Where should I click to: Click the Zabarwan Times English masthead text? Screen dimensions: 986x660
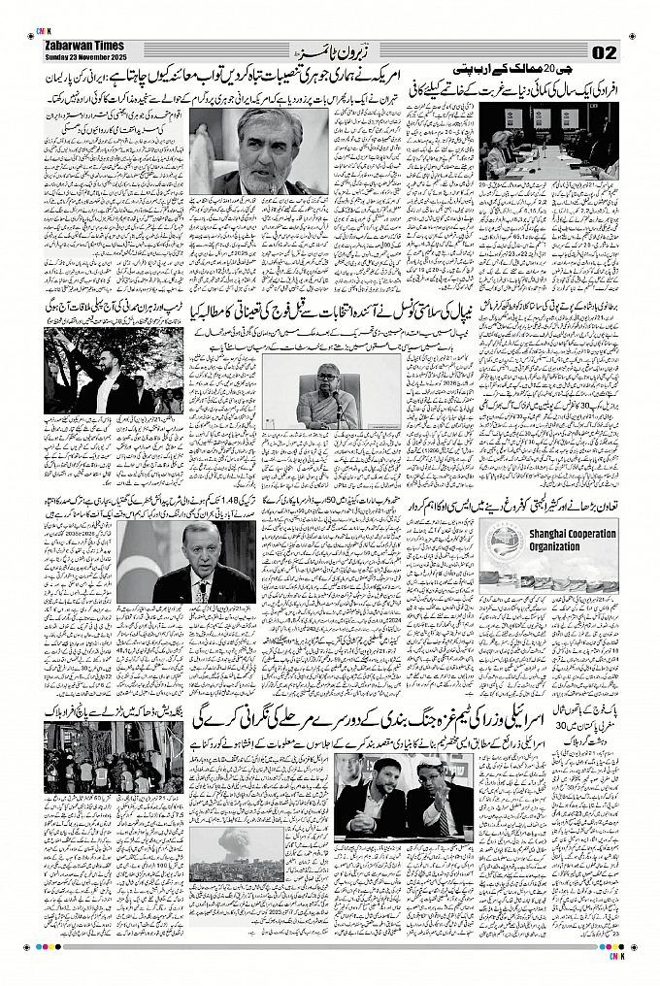(84, 45)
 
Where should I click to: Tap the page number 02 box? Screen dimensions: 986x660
(604, 50)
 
